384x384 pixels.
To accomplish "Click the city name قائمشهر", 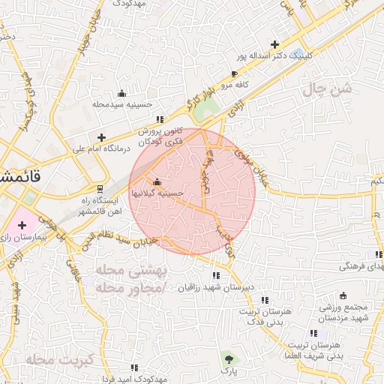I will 15,178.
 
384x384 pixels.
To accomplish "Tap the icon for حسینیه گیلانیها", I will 157,182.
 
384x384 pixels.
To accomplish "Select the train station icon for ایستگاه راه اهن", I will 100,188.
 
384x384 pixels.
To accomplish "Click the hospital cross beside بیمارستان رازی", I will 22,225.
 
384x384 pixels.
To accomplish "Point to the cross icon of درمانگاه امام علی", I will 101,137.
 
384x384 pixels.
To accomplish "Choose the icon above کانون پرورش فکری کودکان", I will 159,119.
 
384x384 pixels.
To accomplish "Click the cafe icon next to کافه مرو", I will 235,73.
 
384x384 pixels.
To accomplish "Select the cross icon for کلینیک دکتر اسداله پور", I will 275,44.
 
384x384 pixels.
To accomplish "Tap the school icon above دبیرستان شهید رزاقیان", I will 216,275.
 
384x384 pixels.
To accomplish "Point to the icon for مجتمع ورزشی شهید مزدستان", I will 343,295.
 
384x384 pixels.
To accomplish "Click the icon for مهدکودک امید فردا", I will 134,367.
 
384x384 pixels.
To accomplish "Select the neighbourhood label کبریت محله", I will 57,359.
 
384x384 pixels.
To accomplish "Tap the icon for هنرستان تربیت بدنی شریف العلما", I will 313,333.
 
